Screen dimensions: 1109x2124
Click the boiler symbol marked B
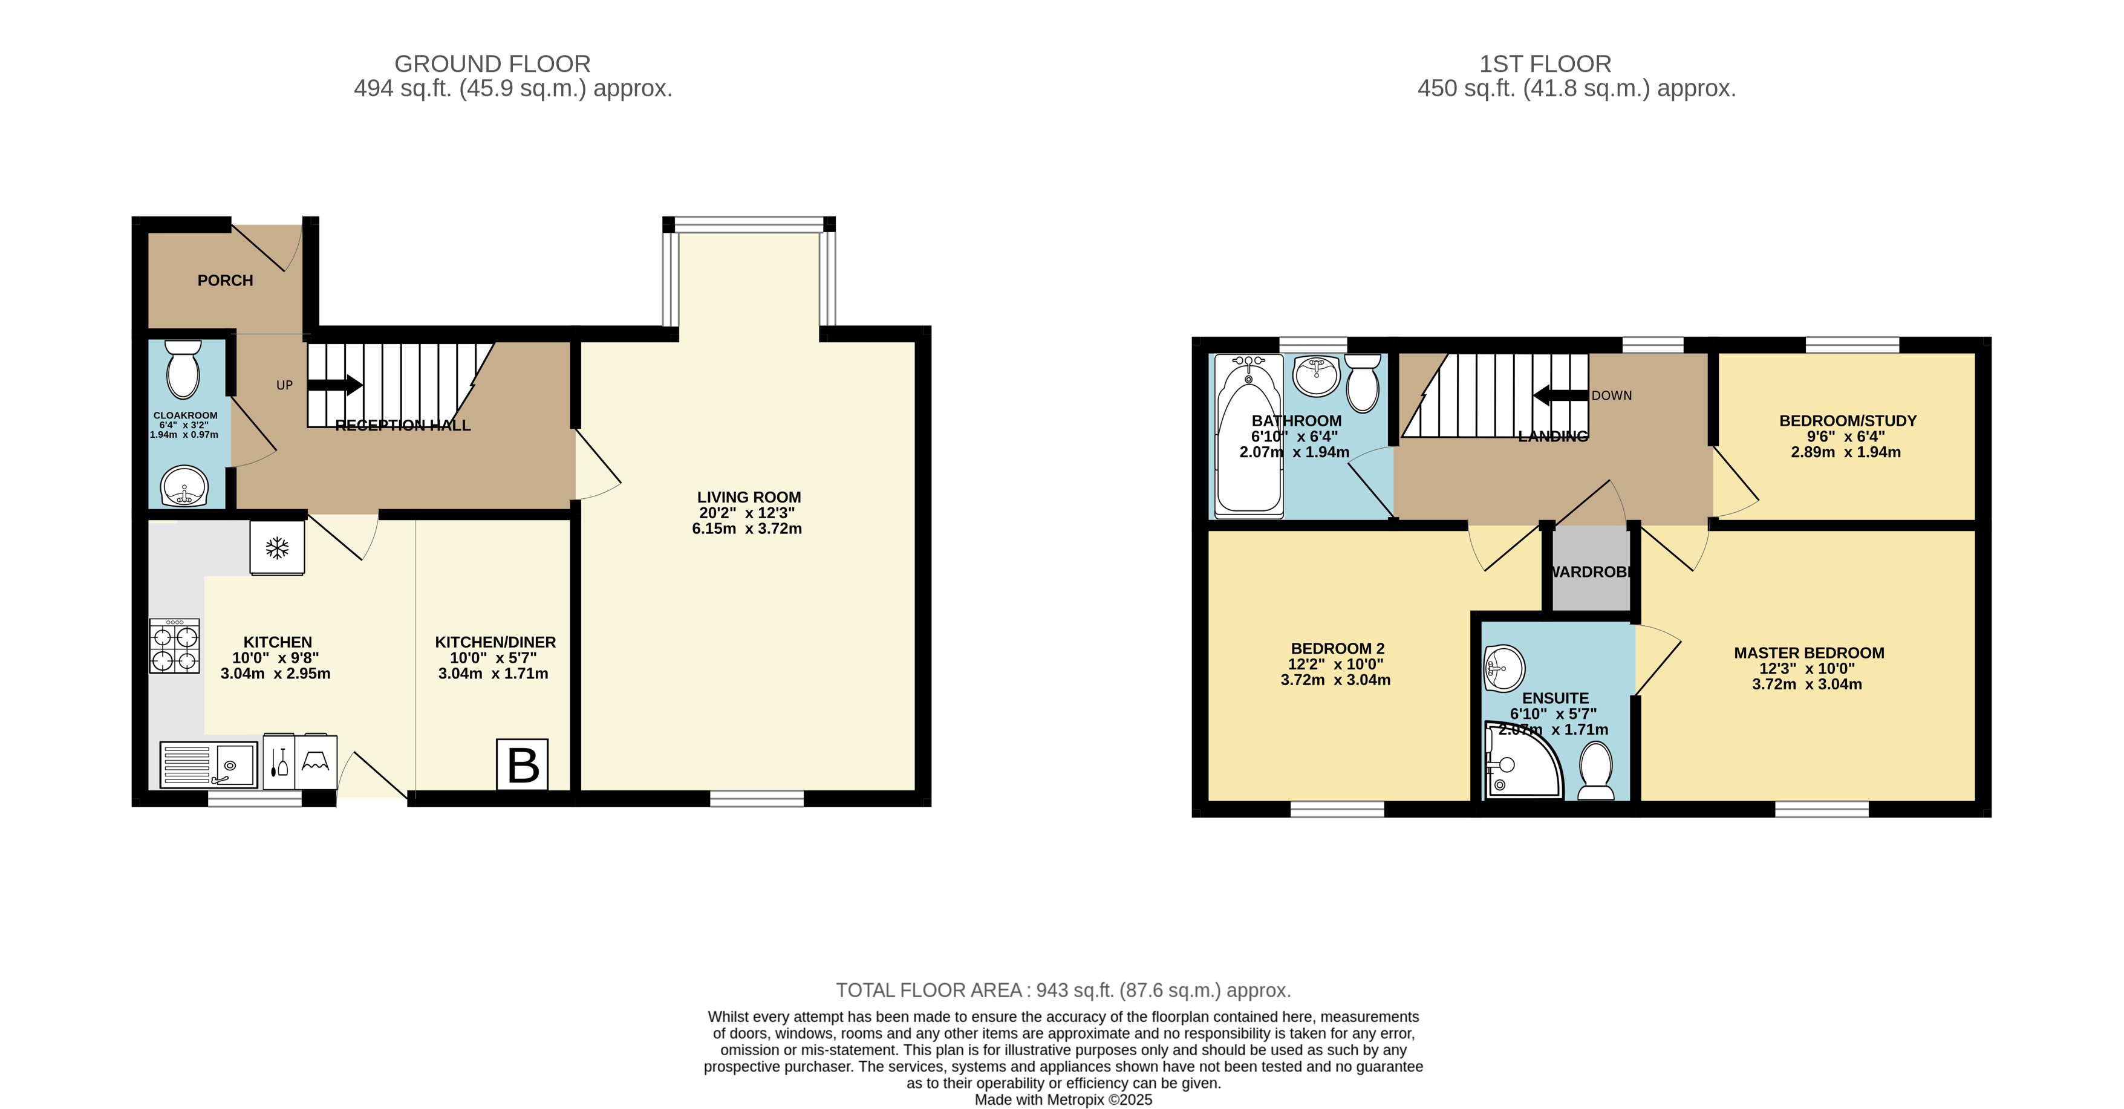pos(522,764)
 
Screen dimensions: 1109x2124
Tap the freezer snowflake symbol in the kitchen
pos(277,547)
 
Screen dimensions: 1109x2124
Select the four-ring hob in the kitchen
pos(174,646)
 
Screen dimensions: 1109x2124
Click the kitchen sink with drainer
pos(209,765)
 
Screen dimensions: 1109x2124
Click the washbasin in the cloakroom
pos(184,487)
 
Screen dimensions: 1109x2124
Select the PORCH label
pos(225,281)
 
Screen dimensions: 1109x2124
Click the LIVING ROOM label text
pos(749,497)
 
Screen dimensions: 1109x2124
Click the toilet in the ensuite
pos(1595,770)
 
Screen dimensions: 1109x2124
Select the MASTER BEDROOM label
pos(1809,653)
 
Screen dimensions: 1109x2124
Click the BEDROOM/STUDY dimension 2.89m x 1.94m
pos(1845,452)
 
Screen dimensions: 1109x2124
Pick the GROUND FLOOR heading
pos(492,63)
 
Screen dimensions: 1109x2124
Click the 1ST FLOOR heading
pos(1545,63)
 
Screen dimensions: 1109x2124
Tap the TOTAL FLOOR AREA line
pos(1063,990)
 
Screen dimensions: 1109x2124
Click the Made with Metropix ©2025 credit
pos(1063,1100)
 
